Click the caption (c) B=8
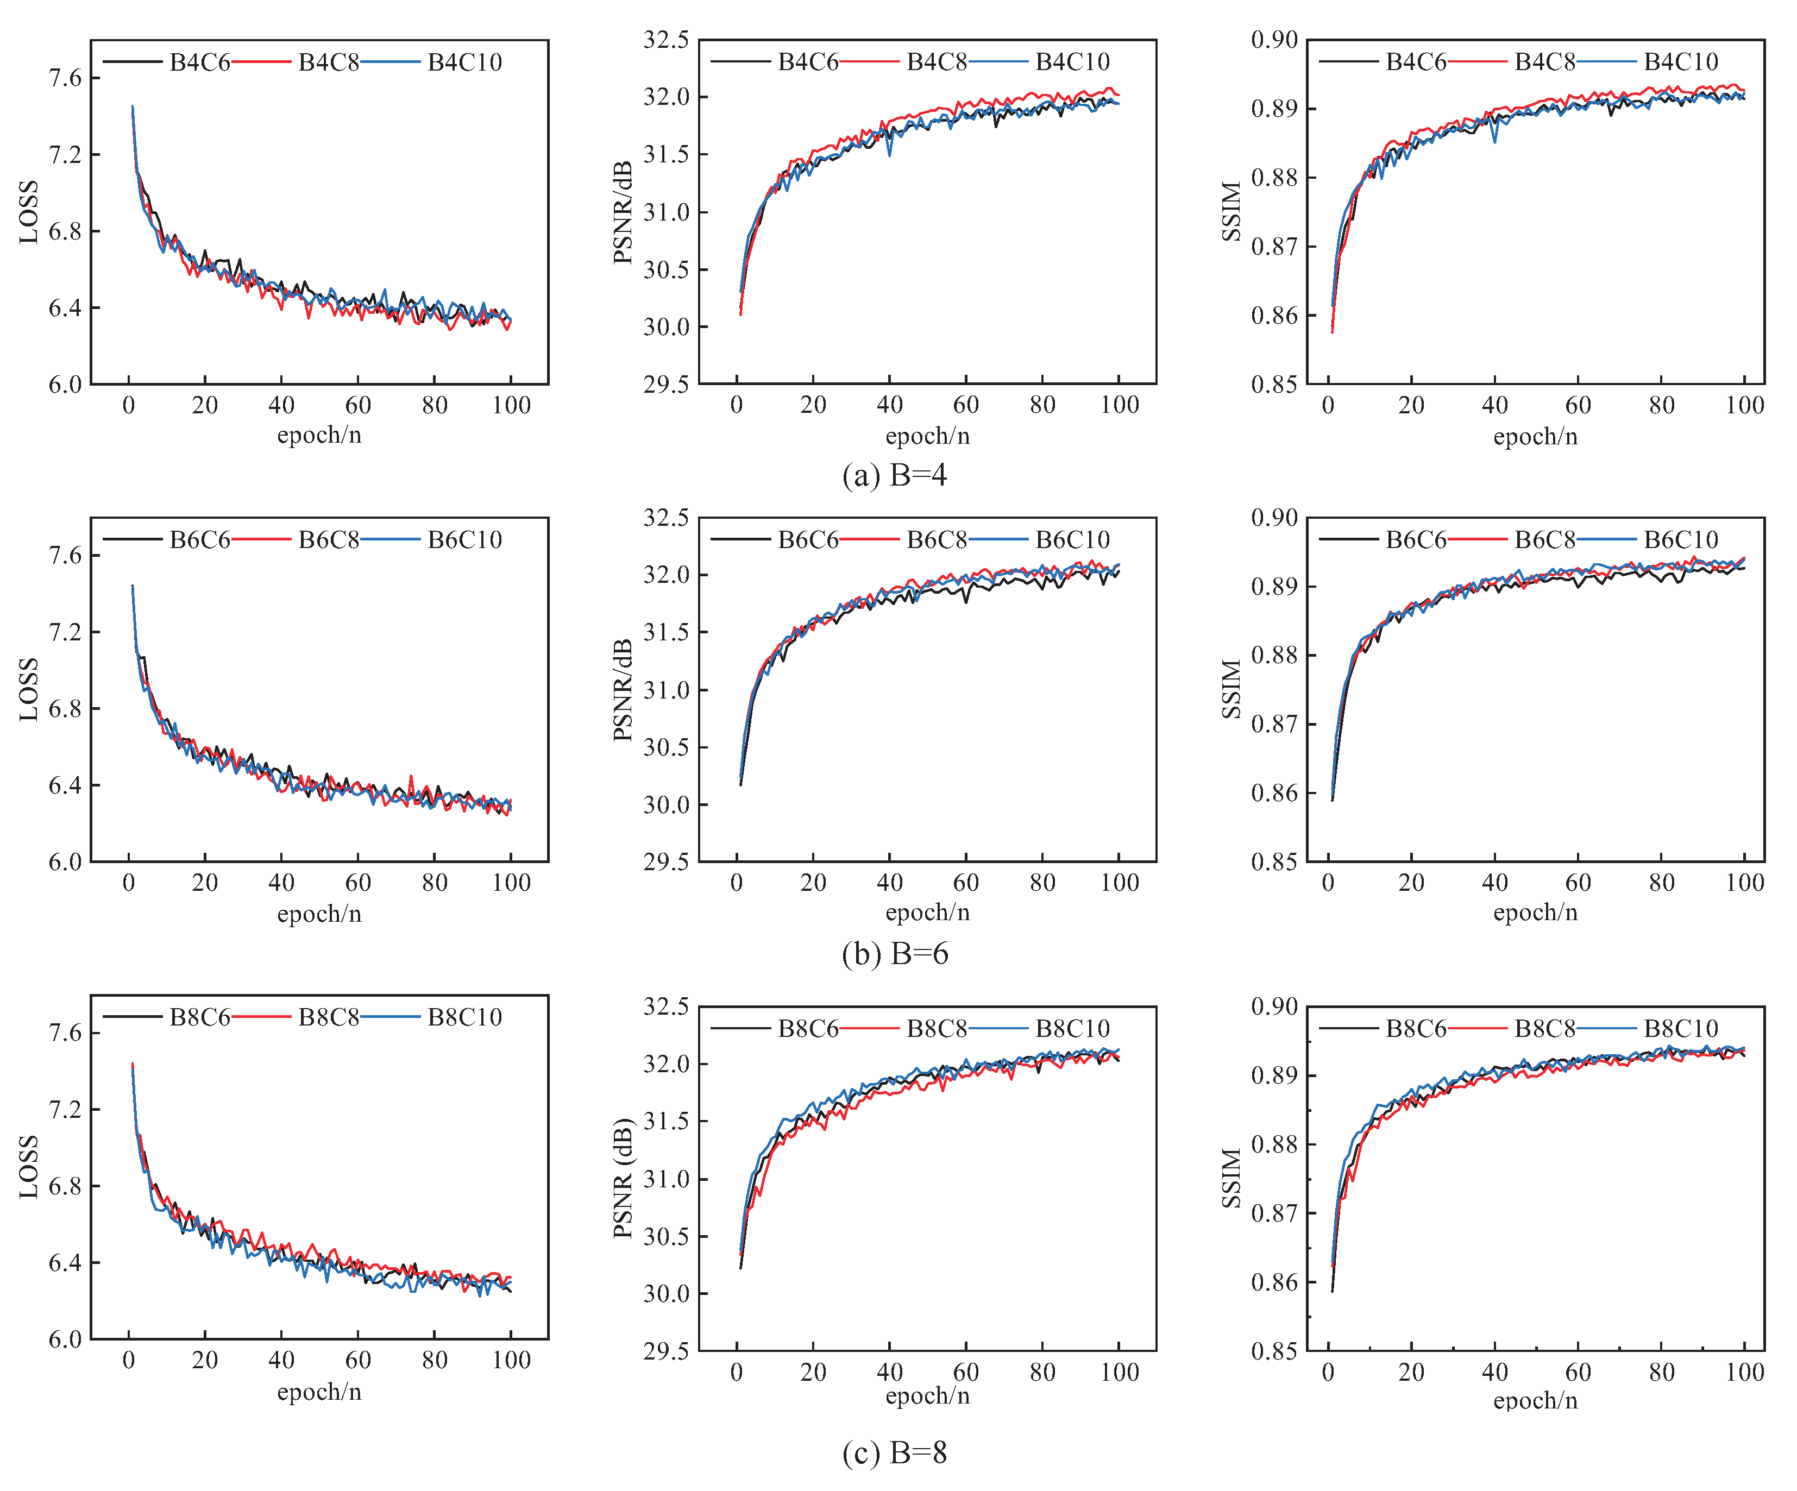point(894,1452)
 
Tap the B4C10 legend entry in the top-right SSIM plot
point(1680,61)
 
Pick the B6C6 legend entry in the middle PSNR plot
point(807,540)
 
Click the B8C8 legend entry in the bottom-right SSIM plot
point(1544,1028)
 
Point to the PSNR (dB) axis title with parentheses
point(623,1178)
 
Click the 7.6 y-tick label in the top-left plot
point(65,78)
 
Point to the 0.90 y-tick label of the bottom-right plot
point(1274,1007)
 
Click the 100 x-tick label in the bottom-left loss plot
point(511,1360)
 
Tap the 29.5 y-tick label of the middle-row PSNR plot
point(666,861)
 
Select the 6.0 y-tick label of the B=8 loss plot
point(65,1339)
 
